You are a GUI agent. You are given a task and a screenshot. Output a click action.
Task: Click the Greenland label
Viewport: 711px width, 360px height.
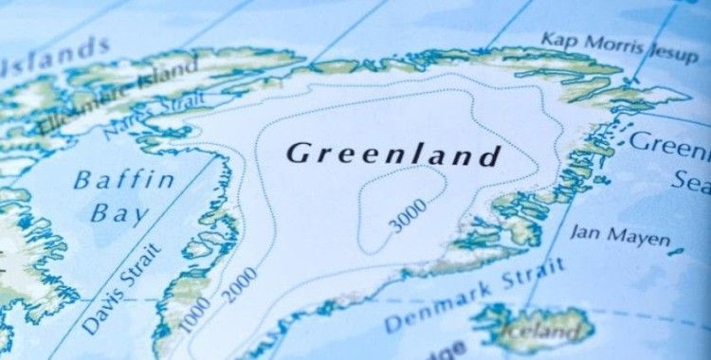(392, 153)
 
